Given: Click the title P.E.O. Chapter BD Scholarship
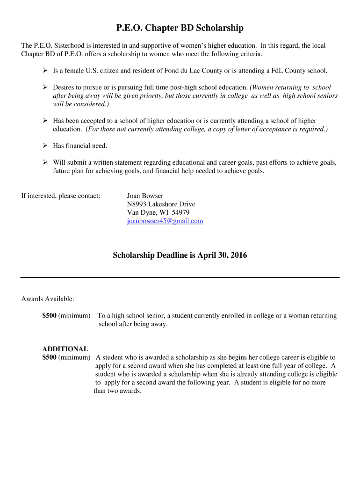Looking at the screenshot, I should click(180, 29).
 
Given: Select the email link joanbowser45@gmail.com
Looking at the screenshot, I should click(165, 221).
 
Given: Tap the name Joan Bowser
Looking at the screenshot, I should click(145, 196).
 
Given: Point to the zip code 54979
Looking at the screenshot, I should click(180, 212).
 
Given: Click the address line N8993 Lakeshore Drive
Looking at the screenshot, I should click(161, 204).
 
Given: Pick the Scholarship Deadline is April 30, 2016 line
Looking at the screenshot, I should click(180, 255).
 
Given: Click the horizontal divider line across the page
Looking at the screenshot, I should click(180, 277).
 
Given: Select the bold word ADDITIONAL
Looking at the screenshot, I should click(65, 349).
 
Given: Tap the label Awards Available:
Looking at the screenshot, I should click(48, 298).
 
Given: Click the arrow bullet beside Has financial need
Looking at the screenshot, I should click(46, 146).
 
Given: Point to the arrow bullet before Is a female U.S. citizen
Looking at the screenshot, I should click(46, 71).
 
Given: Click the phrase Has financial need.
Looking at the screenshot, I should click(80, 146).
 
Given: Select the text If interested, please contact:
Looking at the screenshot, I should click(61, 196).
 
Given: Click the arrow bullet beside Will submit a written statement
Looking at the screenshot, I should click(46, 163).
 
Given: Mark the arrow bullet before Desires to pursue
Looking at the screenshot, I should click(46, 87).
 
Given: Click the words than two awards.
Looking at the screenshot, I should click(117, 391).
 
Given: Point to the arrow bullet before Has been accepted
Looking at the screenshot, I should click(46, 121).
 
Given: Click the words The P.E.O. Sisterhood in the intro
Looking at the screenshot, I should click(51, 46).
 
